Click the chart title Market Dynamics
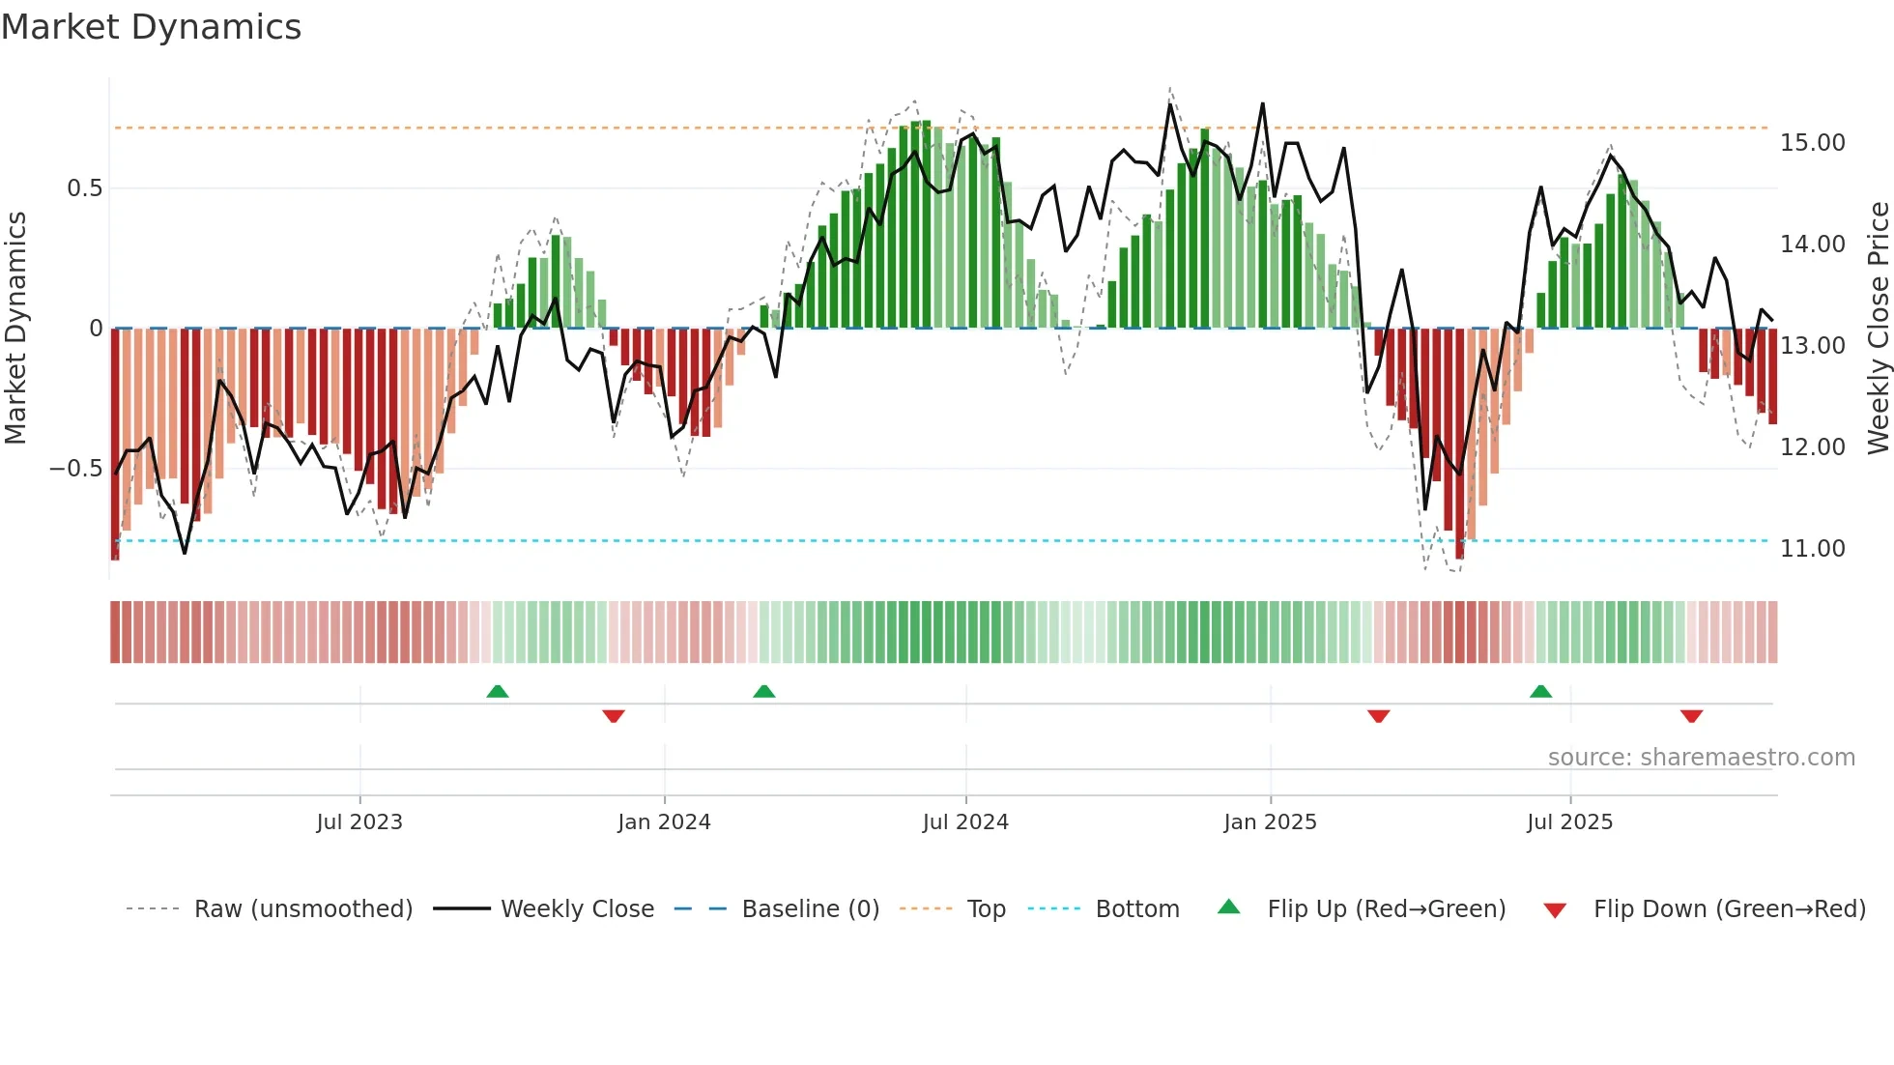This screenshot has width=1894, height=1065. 151,27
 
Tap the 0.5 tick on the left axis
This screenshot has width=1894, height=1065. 84,188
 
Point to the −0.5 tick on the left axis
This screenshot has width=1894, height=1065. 75,469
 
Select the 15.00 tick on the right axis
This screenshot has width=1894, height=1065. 1813,143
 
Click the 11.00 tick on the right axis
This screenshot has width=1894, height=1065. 1813,549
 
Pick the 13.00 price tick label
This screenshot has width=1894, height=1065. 1813,346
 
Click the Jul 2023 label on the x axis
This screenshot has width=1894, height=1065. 359,822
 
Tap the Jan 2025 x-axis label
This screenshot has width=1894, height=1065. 1270,822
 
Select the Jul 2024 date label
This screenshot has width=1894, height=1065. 965,822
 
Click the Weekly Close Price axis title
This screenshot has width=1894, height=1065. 1878,329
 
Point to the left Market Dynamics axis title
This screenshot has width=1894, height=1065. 15,329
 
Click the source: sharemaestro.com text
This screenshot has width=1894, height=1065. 1701,758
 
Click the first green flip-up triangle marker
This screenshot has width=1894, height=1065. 498,691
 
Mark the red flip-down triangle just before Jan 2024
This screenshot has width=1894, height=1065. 614,716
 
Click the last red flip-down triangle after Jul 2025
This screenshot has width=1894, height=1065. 1691,716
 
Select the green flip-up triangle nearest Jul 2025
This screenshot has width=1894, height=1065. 1541,691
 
